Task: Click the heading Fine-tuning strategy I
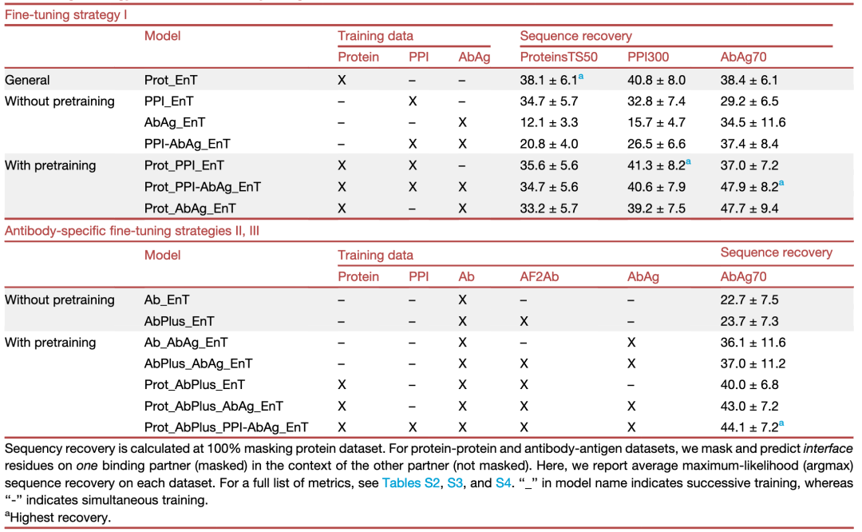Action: pyautogui.click(x=66, y=15)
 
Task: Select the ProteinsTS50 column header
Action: pyautogui.click(x=559, y=58)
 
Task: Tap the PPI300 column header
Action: pyautogui.click(x=649, y=58)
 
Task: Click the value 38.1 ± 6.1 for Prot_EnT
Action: pyautogui.click(x=548, y=81)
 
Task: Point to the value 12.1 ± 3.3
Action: pyautogui.click(x=548, y=123)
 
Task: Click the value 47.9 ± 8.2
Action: pyautogui.click(x=749, y=187)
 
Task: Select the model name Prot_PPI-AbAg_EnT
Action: pyautogui.click(x=202, y=187)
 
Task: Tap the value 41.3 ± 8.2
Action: pyautogui.click(x=656, y=165)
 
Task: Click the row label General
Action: pyautogui.click(x=27, y=81)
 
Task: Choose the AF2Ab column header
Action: pyautogui.click(x=540, y=276)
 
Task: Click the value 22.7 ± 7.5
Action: pyautogui.click(x=749, y=300)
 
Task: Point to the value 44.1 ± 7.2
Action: pyautogui.click(x=749, y=427)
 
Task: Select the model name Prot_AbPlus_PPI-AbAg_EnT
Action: pyautogui.click(x=226, y=427)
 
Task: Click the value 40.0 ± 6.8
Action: pyautogui.click(x=749, y=385)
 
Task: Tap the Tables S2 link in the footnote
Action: pyautogui.click(x=411, y=483)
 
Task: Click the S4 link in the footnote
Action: pyautogui.click(x=503, y=483)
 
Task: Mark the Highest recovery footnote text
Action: pyautogui.click(x=60, y=518)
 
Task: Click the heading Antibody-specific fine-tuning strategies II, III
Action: pyautogui.click(x=132, y=231)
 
